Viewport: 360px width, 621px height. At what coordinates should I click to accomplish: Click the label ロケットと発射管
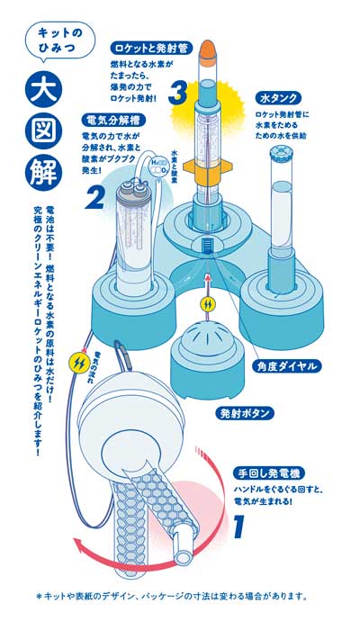(151, 45)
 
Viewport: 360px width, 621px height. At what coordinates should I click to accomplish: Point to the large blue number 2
(95, 196)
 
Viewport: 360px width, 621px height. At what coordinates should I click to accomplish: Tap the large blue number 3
(179, 93)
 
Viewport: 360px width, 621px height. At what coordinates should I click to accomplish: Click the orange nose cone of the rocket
(207, 52)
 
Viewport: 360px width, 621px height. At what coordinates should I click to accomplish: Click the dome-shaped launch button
(208, 351)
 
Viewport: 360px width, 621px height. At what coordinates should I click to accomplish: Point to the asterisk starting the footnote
(39, 596)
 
